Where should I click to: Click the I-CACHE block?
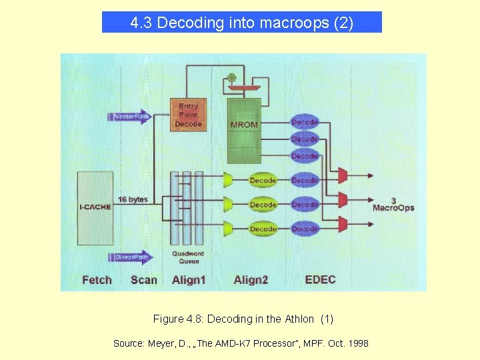point(95,207)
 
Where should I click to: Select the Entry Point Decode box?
point(188,115)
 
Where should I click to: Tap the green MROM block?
point(244,130)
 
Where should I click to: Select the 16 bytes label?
point(133,199)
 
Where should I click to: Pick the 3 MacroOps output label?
point(393,204)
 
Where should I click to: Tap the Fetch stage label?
point(97,279)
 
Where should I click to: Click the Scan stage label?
point(144,279)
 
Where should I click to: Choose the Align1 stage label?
point(189,279)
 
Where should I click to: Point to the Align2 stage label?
point(251,279)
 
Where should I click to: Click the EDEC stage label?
point(320,279)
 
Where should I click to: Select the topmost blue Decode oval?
point(305,122)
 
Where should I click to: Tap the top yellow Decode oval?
point(263,180)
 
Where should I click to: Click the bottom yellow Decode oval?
point(263,229)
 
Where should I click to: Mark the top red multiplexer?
point(343,175)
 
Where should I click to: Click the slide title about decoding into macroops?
point(241,23)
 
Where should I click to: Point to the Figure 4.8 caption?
point(243,319)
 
